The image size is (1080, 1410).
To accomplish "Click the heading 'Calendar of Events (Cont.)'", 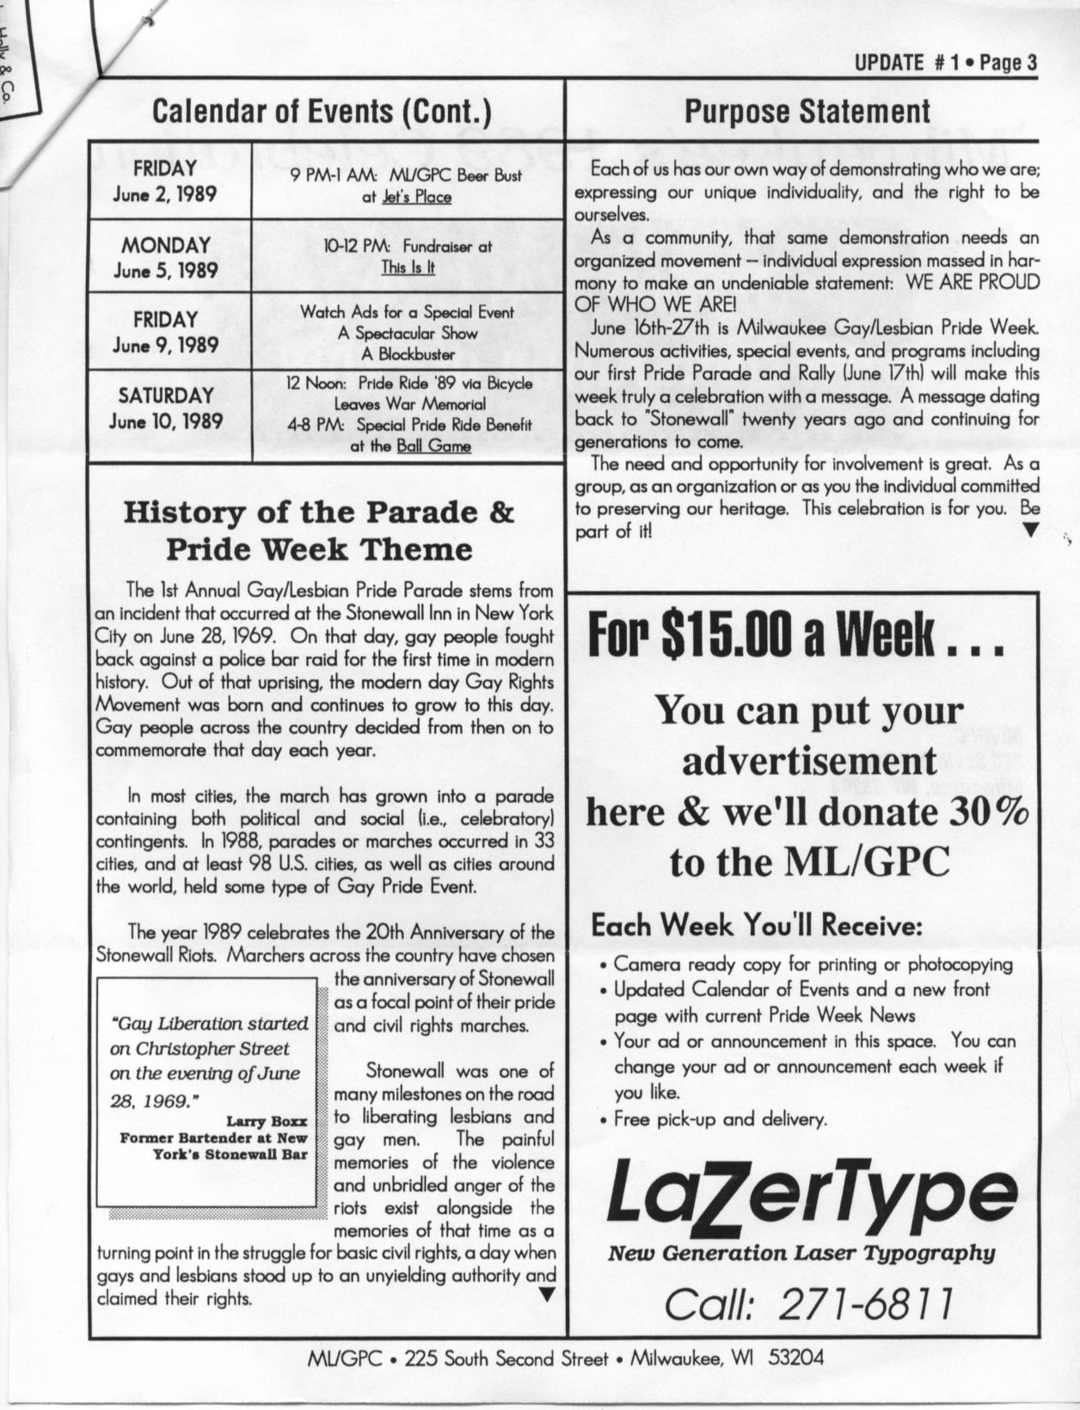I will click(x=321, y=111).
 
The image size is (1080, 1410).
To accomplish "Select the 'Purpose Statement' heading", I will click(x=807, y=111).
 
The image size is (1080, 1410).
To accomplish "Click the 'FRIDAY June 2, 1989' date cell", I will click(x=167, y=181).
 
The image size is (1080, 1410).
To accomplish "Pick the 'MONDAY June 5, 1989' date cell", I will click(x=167, y=258).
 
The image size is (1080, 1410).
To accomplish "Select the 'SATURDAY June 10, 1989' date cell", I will click(x=167, y=408).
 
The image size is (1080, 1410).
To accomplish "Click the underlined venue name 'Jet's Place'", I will click(x=417, y=197).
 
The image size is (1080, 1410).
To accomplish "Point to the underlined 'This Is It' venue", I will click(x=408, y=267).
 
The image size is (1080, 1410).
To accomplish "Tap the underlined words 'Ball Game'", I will click(x=433, y=446).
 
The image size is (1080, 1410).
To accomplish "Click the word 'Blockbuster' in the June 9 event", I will click(x=408, y=353).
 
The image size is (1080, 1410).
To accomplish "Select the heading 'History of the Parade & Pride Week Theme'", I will click(x=319, y=530).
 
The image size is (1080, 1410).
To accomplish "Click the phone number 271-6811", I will click(x=866, y=1305).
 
